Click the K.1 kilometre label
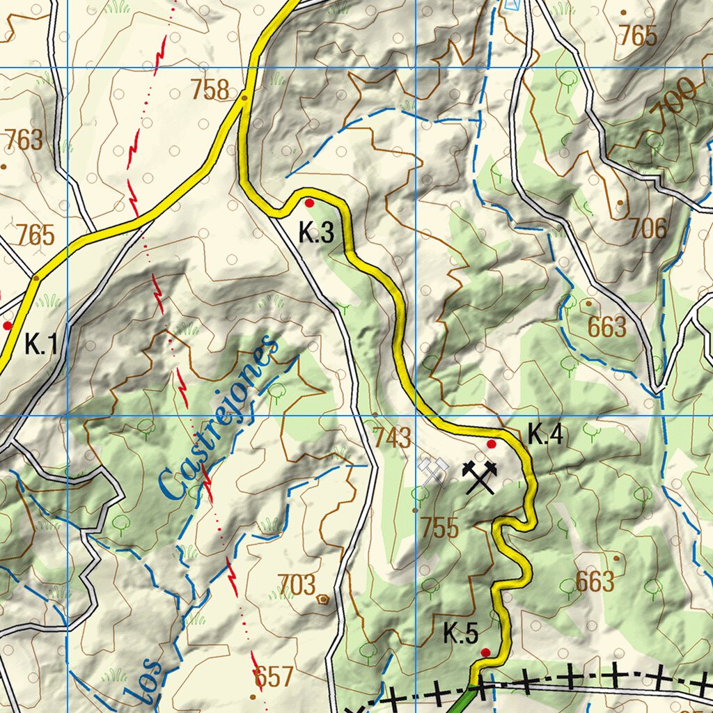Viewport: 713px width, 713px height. coord(40,344)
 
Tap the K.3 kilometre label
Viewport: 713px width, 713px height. coord(316,233)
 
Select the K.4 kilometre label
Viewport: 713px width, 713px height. coord(544,435)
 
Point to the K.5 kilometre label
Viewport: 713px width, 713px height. coord(461,634)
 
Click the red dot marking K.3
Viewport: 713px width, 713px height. coord(309,203)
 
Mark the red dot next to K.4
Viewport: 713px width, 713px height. coord(491,444)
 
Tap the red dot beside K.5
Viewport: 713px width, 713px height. coord(485,652)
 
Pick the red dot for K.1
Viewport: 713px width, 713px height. coord(8,325)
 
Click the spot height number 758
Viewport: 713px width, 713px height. coord(210,90)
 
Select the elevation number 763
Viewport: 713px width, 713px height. coord(24,140)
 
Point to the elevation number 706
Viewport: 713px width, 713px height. coord(648,228)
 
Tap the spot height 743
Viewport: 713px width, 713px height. coord(391,438)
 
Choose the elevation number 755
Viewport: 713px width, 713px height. coord(439,528)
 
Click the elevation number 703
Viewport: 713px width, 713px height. coord(297,585)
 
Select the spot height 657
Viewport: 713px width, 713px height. coord(274,676)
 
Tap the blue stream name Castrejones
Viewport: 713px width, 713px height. coord(217,420)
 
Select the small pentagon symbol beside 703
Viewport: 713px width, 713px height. coord(323,598)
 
